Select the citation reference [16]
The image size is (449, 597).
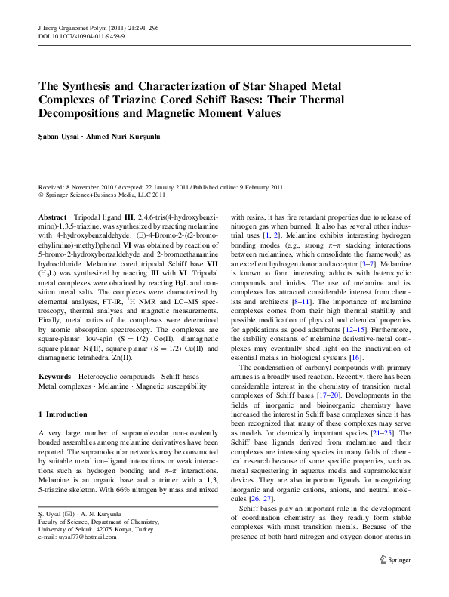pyautogui.click(x=356, y=294)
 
